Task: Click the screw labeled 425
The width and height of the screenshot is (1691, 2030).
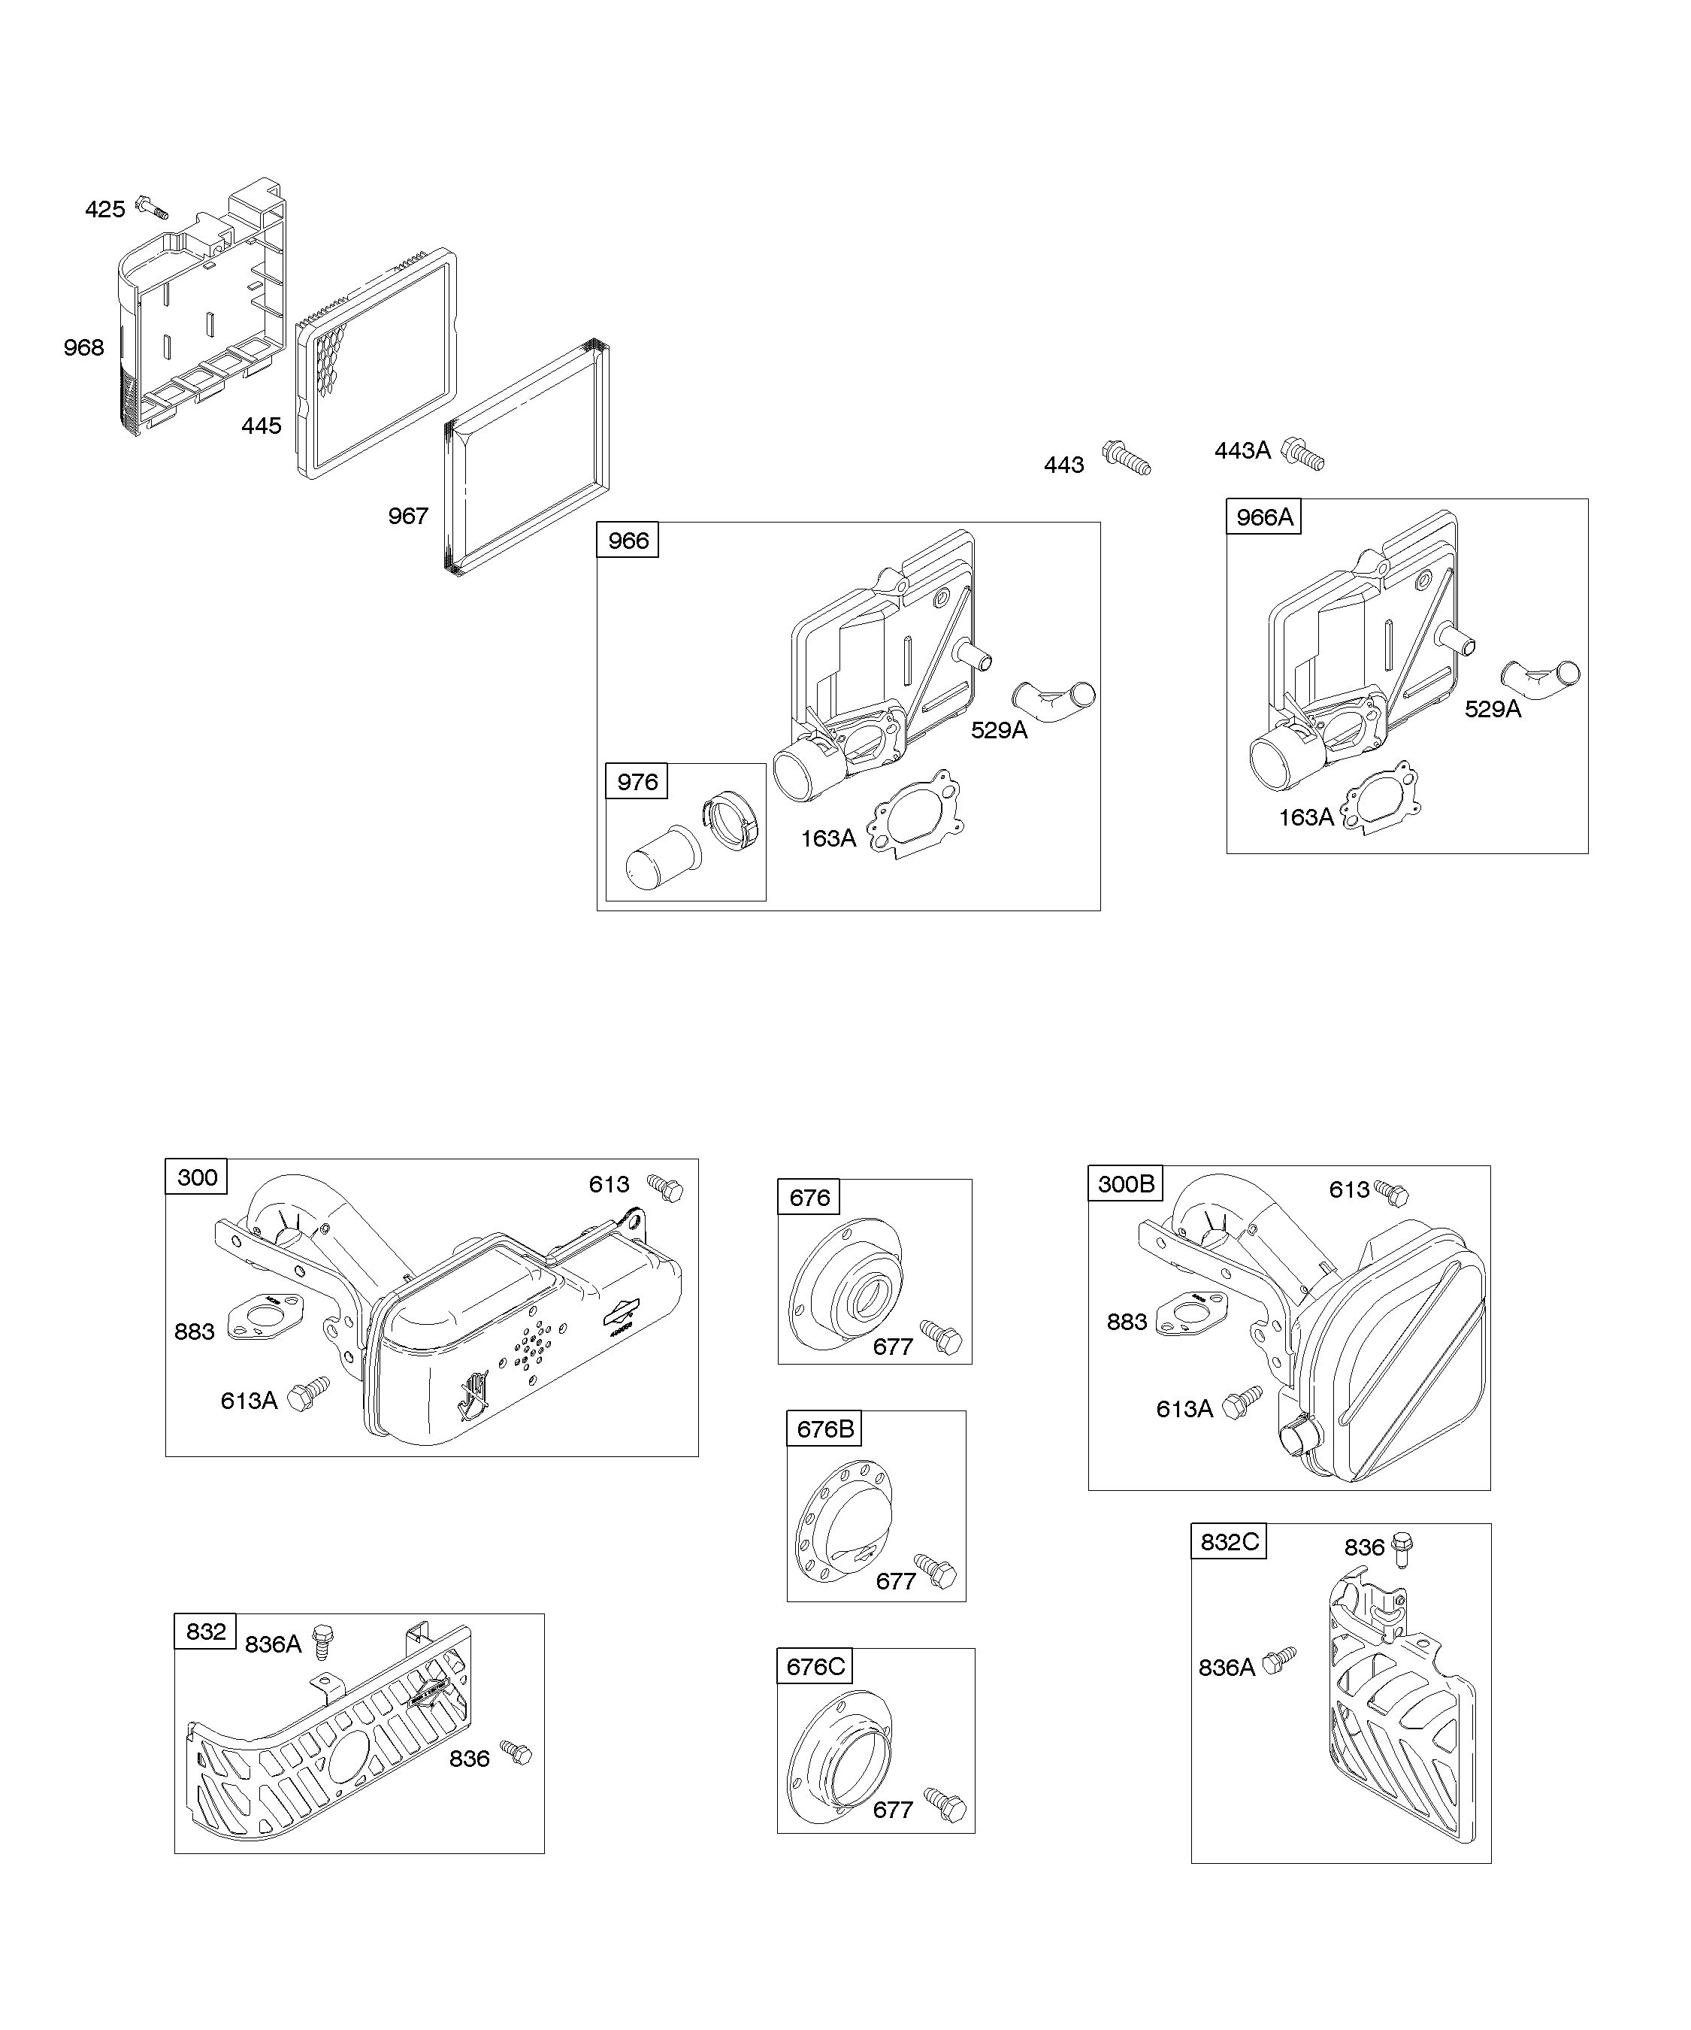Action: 153,206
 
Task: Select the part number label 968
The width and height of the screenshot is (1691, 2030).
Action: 83,347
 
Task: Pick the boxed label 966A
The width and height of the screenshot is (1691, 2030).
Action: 1264,517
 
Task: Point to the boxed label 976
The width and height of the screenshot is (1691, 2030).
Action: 637,781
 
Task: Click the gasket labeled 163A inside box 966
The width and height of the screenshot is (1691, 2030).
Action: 916,811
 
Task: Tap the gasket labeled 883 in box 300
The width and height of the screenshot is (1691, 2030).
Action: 266,1316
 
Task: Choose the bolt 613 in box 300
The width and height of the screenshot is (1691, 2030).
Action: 665,1187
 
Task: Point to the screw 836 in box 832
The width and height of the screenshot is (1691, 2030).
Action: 516,1753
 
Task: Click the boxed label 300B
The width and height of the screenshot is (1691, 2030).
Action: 1126,1184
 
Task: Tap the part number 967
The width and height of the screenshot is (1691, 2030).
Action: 408,517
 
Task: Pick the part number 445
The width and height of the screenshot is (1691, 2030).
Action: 261,426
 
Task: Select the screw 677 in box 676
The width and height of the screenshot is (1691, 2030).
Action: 941,1336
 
